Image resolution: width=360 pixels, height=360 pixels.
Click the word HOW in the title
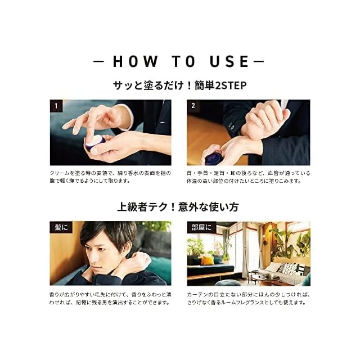(135, 61)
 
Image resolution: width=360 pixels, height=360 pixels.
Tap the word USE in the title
(229, 61)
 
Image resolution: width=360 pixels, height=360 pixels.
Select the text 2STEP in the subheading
(231, 85)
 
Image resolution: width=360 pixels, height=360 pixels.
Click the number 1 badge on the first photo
(56, 106)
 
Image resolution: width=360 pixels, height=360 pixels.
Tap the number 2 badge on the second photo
(193, 106)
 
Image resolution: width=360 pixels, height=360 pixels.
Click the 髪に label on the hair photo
(61, 227)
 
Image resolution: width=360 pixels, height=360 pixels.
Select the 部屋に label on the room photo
(201, 227)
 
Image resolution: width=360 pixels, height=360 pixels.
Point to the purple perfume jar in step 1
(95, 142)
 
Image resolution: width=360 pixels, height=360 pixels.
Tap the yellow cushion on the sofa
(208, 260)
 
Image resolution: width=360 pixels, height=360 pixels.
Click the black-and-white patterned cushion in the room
(287, 268)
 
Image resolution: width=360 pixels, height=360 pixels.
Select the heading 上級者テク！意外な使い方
(178, 206)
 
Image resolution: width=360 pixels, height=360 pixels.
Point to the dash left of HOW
(99, 61)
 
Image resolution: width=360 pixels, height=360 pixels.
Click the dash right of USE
(258, 61)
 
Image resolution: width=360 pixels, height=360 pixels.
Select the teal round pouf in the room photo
(224, 283)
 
